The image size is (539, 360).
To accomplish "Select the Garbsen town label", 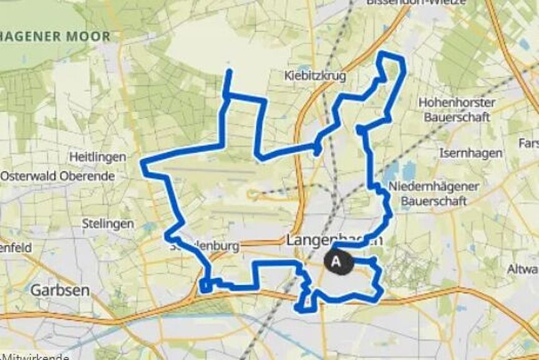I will pos(60,290).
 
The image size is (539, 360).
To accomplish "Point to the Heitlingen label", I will pos(97,157).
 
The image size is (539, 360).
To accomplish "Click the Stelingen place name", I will pos(108,223).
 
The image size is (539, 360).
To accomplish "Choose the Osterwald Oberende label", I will pos(57,176).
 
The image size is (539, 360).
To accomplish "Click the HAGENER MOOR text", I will pos(55,37).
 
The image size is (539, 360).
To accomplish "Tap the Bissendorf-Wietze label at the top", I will pos(416,2).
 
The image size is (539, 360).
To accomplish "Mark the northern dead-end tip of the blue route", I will pos(230,72).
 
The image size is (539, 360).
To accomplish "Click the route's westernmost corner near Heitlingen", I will pos(143,163).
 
